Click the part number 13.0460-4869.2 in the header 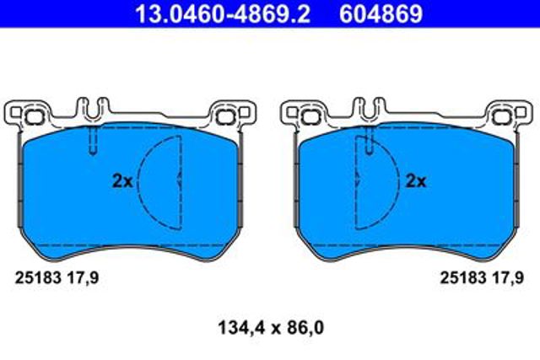point(223,13)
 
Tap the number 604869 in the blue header point(381,13)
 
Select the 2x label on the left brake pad point(122,180)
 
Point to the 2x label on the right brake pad point(416,180)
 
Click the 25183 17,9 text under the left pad point(57,277)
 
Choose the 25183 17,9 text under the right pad point(482,277)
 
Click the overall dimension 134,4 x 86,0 point(271,328)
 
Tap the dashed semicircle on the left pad point(138,182)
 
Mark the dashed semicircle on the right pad point(399,182)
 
